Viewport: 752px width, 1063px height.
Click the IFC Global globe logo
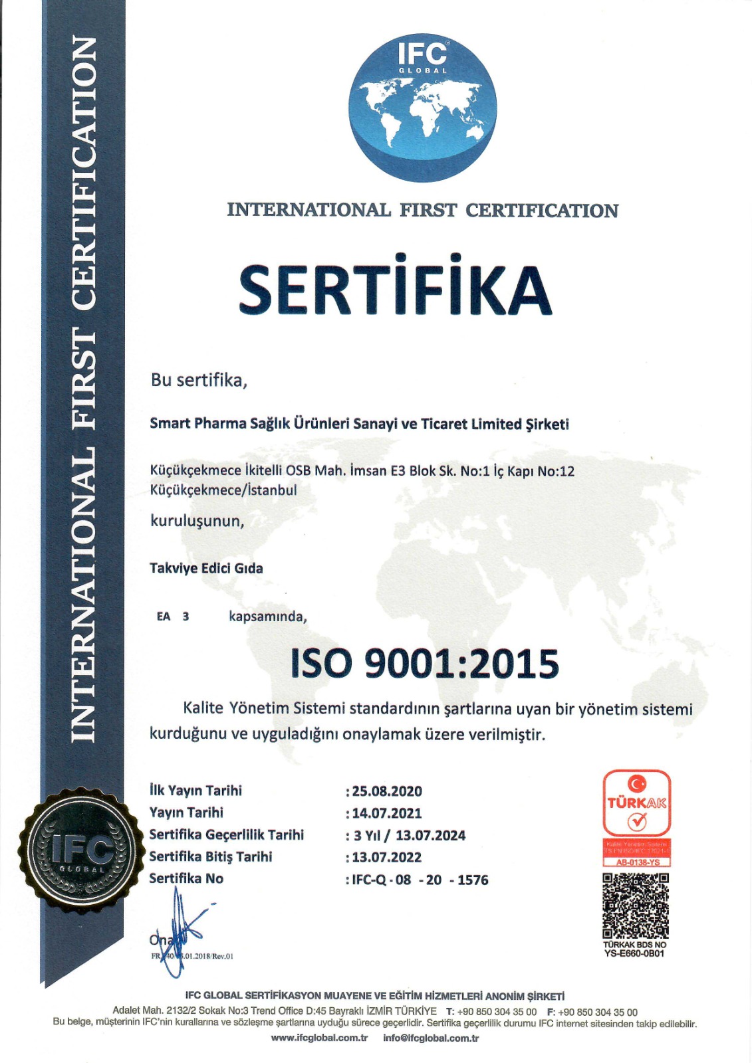click(422, 108)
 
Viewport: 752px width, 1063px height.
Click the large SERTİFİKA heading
click(395, 289)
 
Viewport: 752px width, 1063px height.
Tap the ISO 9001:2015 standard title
click(425, 664)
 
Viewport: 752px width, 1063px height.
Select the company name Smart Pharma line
click(359, 424)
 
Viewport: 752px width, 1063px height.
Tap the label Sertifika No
click(186, 878)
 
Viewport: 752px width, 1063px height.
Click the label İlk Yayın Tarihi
click(195, 791)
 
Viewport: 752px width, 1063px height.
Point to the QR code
click(636, 906)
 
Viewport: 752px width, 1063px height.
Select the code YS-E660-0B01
click(634, 953)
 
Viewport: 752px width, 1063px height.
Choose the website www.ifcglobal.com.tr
click(319, 1038)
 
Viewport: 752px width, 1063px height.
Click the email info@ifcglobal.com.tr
click(431, 1038)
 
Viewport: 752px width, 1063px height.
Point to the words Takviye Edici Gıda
click(206, 568)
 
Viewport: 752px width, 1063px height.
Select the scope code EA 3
click(173, 617)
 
